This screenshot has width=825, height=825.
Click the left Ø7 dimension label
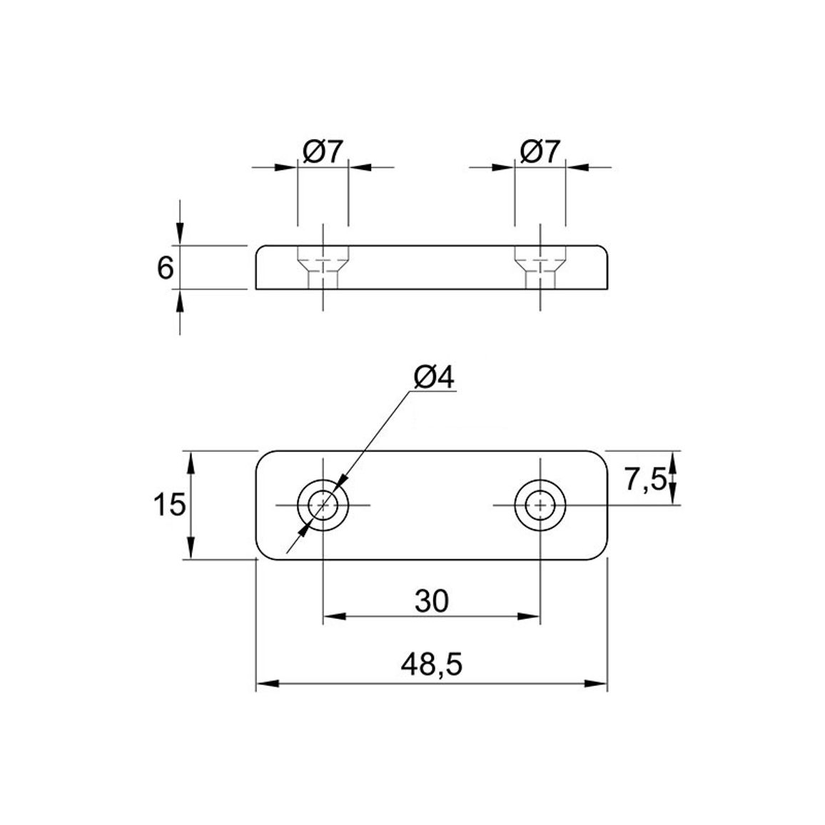click(x=323, y=152)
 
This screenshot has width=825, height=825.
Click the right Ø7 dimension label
click(x=540, y=152)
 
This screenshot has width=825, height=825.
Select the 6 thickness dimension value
click(x=165, y=268)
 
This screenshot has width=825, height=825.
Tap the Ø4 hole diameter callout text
click(x=434, y=378)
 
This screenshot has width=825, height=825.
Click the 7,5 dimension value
click(x=645, y=480)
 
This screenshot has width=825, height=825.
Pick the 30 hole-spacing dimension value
click(x=432, y=601)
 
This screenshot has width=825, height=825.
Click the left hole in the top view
click(x=323, y=505)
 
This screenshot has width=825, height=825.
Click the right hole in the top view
click(x=540, y=505)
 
